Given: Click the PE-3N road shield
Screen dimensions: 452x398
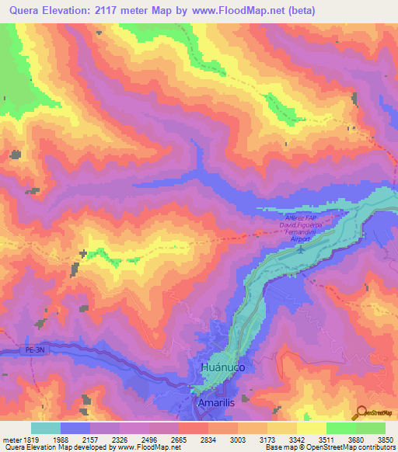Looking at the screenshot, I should click(17, 353).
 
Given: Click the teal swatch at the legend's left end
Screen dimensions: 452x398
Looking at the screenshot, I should click(46, 428).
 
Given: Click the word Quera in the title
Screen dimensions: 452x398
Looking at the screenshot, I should click(30, 11).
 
